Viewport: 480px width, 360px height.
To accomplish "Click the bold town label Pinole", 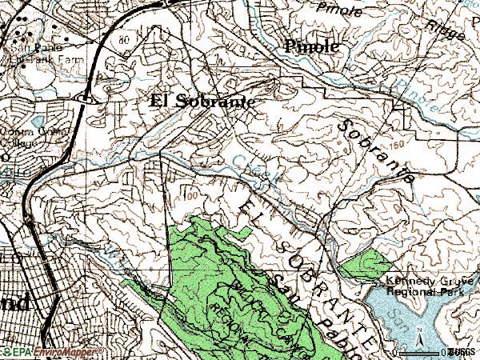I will pyautogui.click(x=312, y=47).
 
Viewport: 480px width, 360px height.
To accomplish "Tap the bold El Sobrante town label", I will pyautogui.click(x=202, y=102).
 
